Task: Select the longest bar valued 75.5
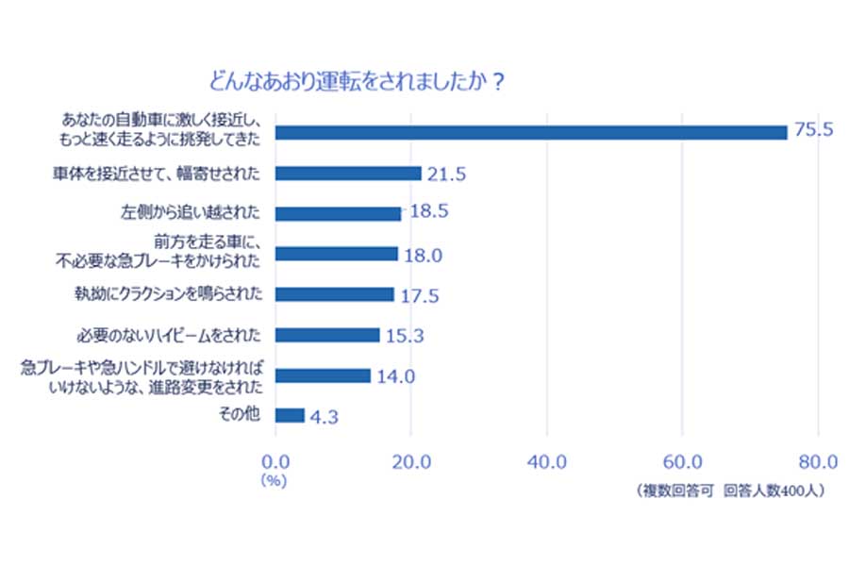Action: click(530, 132)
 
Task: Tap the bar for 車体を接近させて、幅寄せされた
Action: click(347, 174)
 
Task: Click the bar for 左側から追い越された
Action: click(337, 213)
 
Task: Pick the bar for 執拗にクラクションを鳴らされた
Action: click(334, 294)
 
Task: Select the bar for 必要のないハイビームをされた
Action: click(326, 335)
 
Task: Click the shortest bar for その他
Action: click(290, 415)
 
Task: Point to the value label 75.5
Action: click(813, 130)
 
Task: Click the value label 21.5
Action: click(447, 174)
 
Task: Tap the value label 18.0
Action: click(424, 255)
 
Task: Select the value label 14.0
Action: click(396, 376)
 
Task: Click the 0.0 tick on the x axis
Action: click(275, 461)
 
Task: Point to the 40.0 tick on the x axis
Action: click(546, 461)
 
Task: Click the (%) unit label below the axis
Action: click(275, 480)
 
